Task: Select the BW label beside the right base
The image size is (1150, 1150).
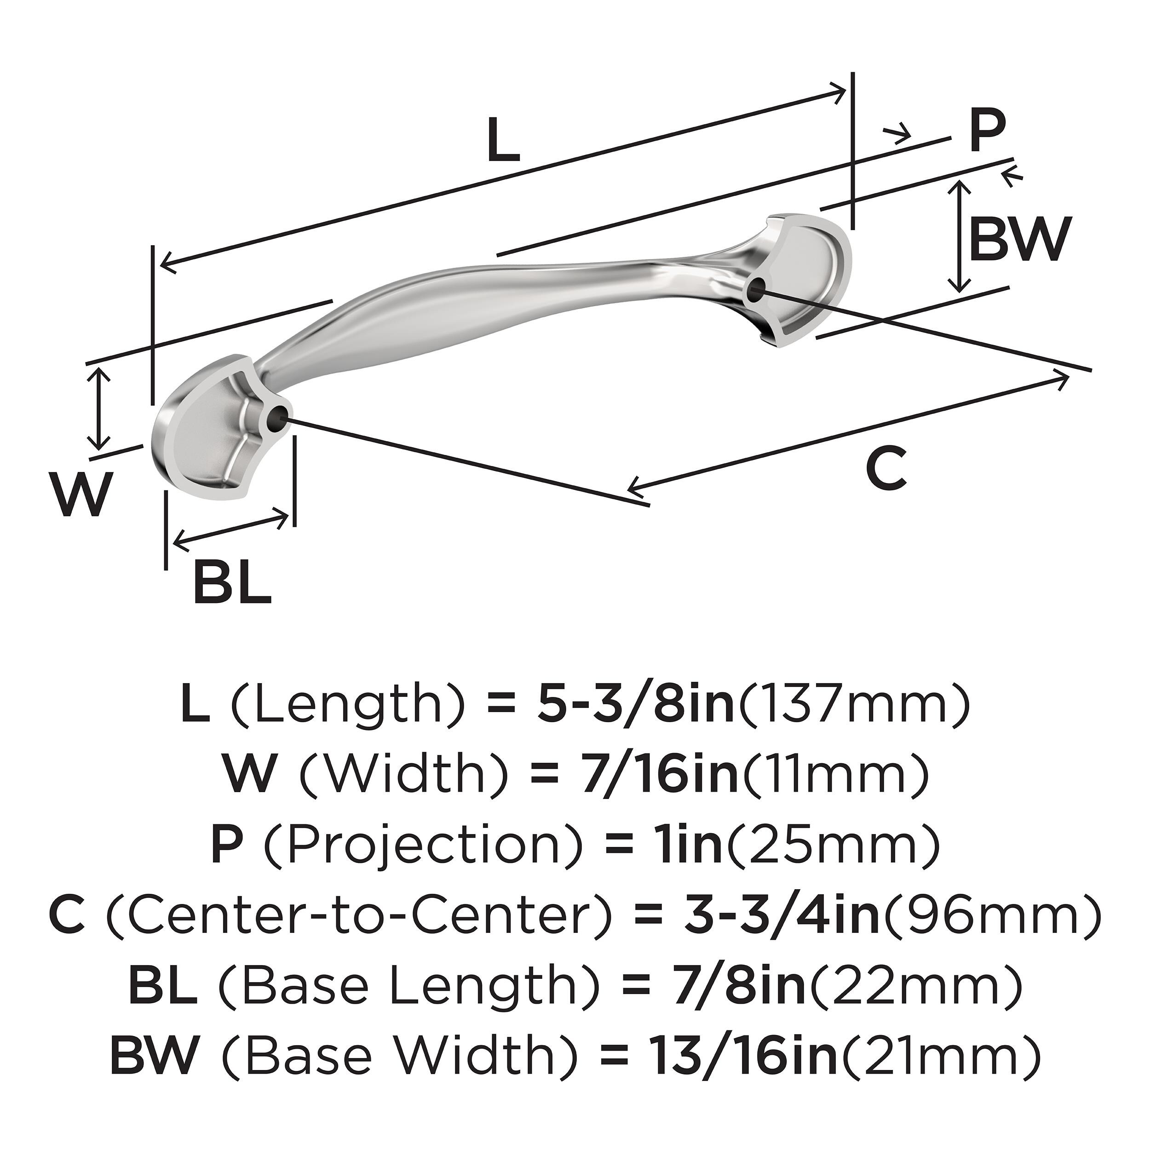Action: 1020,239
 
